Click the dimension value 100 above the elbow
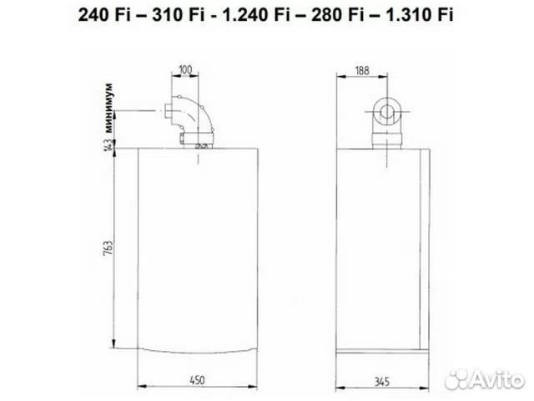point(184,69)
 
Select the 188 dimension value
point(363,69)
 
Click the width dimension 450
point(197,381)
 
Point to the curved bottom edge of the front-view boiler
point(197,349)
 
